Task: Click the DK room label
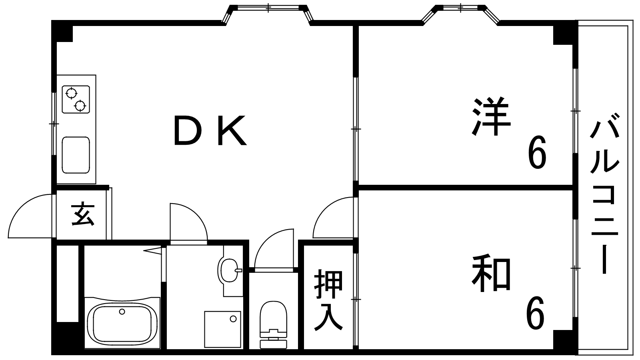point(210,130)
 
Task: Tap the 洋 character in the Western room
point(491,116)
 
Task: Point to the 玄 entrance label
point(82,214)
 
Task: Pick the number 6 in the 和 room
point(535,312)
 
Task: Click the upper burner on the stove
point(71,93)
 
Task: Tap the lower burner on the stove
point(80,106)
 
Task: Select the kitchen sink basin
point(76,155)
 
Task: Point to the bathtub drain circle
point(122,312)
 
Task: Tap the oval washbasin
point(228,270)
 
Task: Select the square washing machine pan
point(222,329)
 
